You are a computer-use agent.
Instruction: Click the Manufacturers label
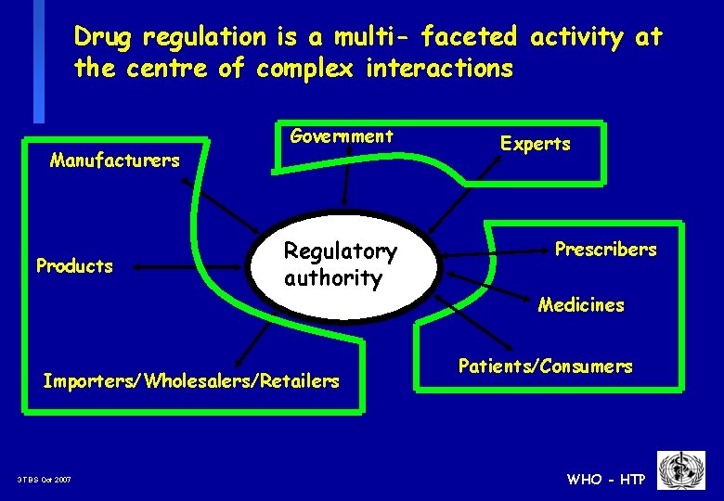[114, 161]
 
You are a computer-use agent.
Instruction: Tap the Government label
[342, 136]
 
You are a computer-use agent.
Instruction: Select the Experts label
[536, 144]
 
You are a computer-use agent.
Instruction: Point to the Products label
[74, 266]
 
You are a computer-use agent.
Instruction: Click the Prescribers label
[605, 250]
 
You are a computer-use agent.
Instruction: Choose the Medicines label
[581, 305]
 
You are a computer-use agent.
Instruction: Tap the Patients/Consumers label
[545, 366]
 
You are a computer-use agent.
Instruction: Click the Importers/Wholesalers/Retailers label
[191, 380]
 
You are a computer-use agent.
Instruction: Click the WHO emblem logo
[681, 471]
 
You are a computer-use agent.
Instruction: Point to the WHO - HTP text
[606, 479]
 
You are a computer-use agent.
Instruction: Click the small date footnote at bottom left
[44, 480]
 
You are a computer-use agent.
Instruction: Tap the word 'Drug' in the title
[104, 37]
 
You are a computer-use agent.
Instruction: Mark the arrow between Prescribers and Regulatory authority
[492, 252]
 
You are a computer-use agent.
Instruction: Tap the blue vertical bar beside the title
[38, 60]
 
